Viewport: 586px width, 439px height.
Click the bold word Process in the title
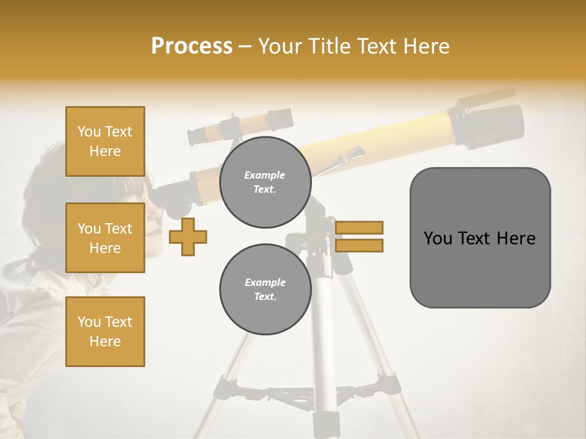pos(192,46)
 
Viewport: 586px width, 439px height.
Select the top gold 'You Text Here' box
pos(105,141)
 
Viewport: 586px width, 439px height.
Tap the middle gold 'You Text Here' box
pos(105,238)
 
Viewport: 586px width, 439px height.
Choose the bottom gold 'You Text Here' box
pos(105,331)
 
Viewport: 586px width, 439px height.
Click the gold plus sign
pos(188,237)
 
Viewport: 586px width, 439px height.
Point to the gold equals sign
pos(359,237)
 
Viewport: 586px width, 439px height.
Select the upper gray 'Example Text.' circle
pos(265,182)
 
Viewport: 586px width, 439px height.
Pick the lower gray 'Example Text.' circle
pos(265,289)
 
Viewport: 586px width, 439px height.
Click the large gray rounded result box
pos(480,238)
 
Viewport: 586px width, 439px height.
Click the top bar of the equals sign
pos(359,227)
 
